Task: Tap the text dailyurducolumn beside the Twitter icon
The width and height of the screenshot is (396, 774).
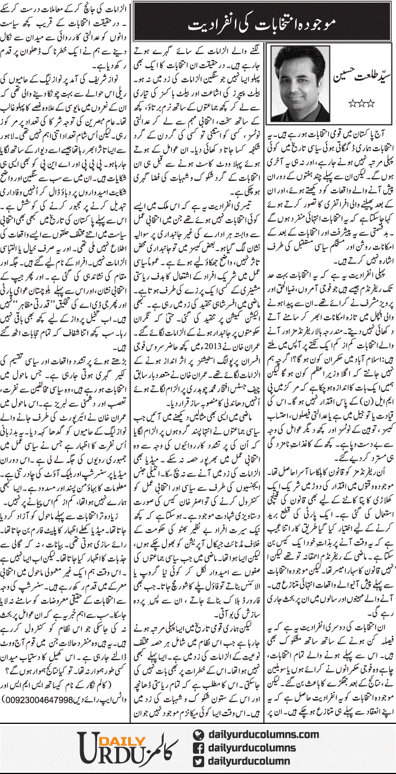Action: [x=248, y=761]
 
